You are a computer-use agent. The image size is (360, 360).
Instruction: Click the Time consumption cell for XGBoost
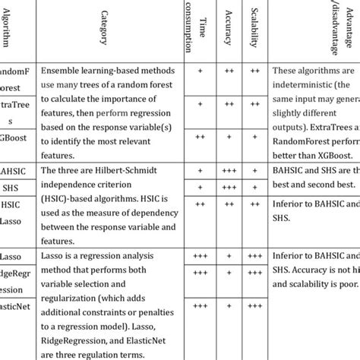pos(199,137)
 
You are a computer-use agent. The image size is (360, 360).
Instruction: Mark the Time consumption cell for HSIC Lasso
pos(199,204)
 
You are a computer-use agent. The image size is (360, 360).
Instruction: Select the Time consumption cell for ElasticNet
pos(199,306)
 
